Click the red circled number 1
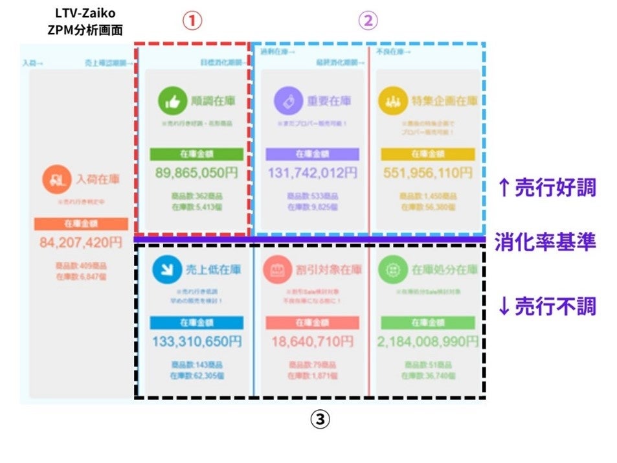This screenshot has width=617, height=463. click(x=192, y=21)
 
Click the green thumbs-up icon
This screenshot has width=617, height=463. click(x=170, y=102)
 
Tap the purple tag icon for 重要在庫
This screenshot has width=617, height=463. click(x=285, y=102)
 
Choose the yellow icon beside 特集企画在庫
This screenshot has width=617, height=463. click(x=391, y=102)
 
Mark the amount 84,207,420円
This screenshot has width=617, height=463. click(x=81, y=243)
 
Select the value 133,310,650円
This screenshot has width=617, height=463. click(x=197, y=341)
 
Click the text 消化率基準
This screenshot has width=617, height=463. click(x=545, y=241)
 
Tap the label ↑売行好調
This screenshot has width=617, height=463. click(x=545, y=188)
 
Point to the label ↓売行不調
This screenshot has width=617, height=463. click(x=545, y=306)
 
